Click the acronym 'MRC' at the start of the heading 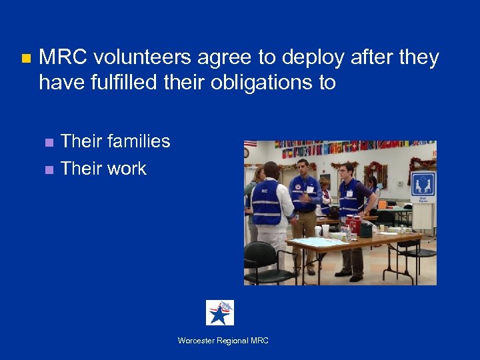[x=61, y=58]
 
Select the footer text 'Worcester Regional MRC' [x=223, y=341]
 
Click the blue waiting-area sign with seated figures [x=423, y=184]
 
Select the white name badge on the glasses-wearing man [x=349, y=193]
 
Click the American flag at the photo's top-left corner [x=250, y=144]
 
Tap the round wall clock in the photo [x=246, y=153]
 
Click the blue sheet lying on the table [x=314, y=241]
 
